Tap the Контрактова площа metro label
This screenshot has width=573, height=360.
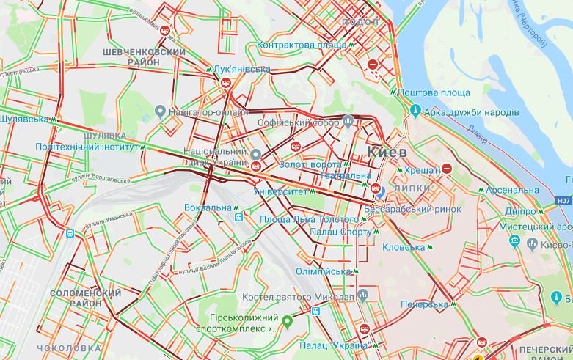[302, 45]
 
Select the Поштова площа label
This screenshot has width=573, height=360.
[434, 92]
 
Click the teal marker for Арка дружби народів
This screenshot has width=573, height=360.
[415, 111]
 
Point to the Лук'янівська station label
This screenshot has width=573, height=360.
[242, 70]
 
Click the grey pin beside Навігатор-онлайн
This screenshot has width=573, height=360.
[160, 111]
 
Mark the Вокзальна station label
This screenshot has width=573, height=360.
[208, 207]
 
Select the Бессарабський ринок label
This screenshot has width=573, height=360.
[412, 209]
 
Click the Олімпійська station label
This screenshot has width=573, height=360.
[324, 271]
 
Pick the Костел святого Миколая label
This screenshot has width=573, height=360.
[299, 297]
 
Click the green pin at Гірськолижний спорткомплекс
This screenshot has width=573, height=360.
[287, 320]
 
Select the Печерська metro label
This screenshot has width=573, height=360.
[424, 304]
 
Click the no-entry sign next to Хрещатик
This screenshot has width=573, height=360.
[446, 169]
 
